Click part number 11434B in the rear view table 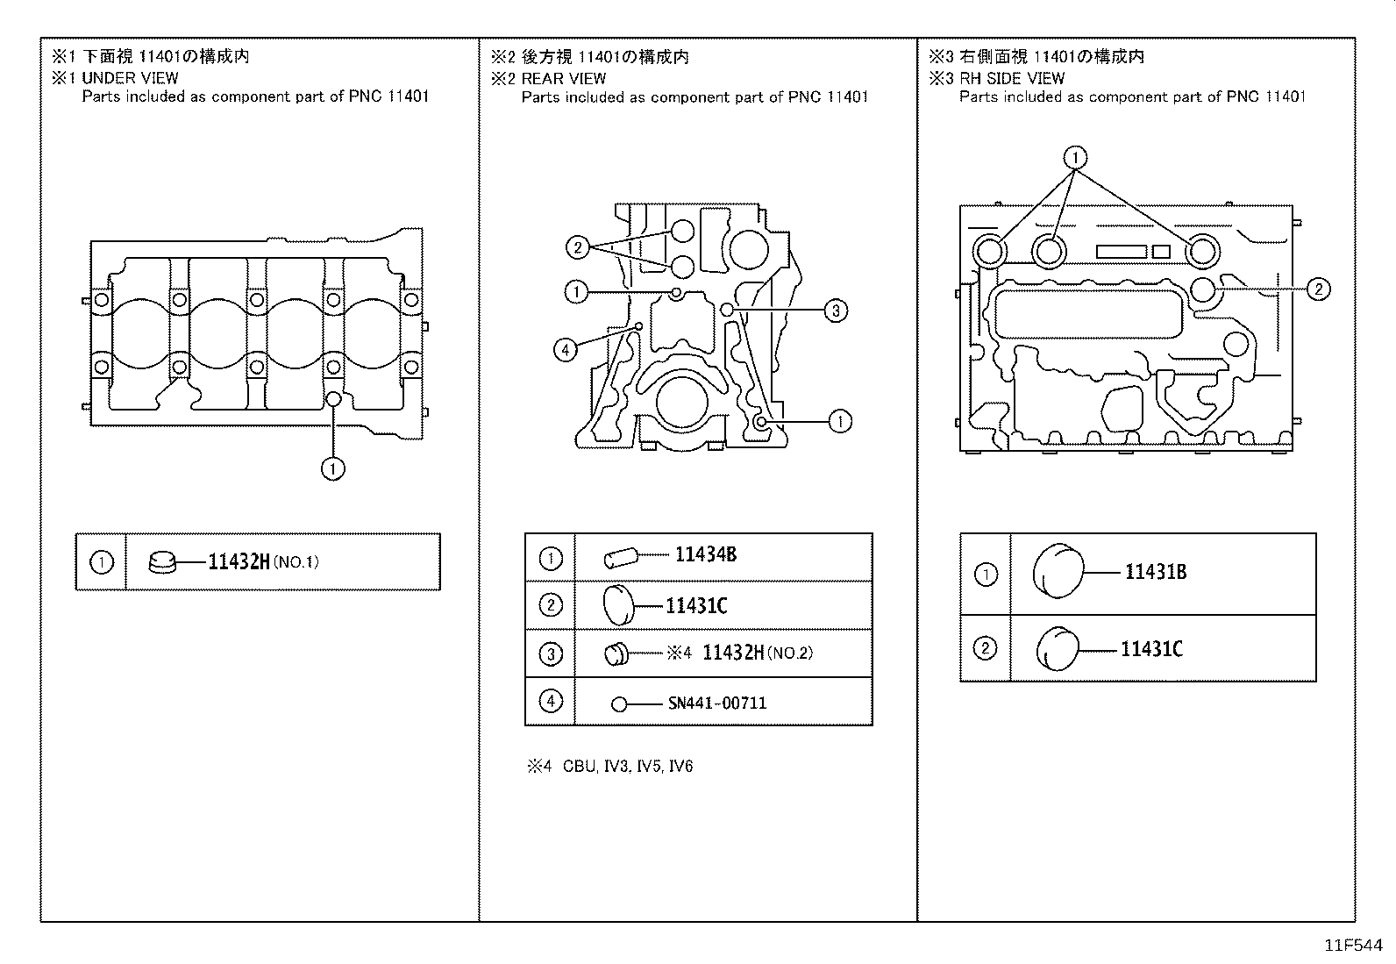[x=705, y=554]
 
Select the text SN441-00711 [x=716, y=703]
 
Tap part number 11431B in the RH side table [x=1155, y=573]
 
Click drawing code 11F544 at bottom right [x=1352, y=946]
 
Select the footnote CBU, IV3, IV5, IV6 [x=627, y=767]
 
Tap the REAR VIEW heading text [x=564, y=78]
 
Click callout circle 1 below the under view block [x=332, y=469]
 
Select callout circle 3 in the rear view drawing [x=836, y=310]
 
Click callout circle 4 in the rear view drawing [x=566, y=351]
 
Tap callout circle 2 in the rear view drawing [x=577, y=247]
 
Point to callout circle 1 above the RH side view [x=1075, y=158]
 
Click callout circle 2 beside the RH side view [x=1318, y=289]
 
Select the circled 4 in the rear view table [x=550, y=702]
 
